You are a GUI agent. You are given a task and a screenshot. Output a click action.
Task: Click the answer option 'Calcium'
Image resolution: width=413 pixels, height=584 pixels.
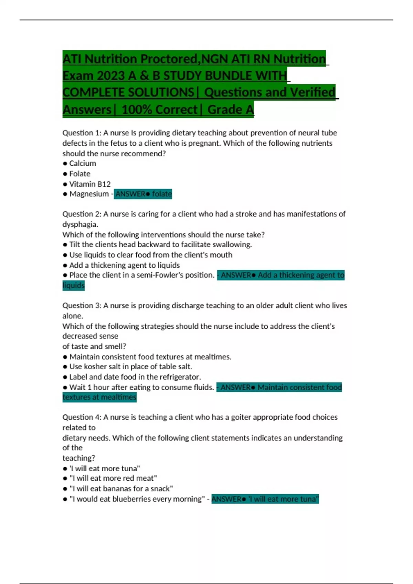click(x=83, y=164)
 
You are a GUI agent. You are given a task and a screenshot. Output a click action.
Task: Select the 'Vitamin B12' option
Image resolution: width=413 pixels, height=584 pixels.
click(x=90, y=184)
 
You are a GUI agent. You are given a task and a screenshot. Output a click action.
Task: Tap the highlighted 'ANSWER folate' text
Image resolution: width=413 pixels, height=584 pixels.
click(x=143, y=194)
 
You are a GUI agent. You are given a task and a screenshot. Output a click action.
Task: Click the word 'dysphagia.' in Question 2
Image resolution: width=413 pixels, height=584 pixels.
click(x=80, y=224)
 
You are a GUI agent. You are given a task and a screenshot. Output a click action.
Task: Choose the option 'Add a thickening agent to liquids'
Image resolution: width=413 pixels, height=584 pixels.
click(x=124, y=265)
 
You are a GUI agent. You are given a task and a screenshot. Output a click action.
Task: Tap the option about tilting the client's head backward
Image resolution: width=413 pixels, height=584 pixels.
click(x=160, y=245)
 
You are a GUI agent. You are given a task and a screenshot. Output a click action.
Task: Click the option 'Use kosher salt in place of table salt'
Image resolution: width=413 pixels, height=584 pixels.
click(x=130, y=367)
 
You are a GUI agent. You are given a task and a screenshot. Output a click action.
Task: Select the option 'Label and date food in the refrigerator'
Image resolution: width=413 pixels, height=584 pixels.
click(x=135, y=377)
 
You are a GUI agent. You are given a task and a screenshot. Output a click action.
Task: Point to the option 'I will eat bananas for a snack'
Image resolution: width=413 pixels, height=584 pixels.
click(x=121, y=488)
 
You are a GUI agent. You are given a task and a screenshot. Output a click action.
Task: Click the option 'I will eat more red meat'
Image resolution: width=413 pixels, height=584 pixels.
click(x=113, y=478)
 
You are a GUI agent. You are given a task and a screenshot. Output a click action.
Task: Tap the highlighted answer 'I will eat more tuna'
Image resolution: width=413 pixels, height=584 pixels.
click(x=265, y=499)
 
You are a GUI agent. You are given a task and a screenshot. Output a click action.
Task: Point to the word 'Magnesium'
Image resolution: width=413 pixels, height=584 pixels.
click(x=89, y=194)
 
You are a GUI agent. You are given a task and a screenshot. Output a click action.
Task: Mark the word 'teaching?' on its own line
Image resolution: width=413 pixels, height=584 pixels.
click(x=78, y=458)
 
